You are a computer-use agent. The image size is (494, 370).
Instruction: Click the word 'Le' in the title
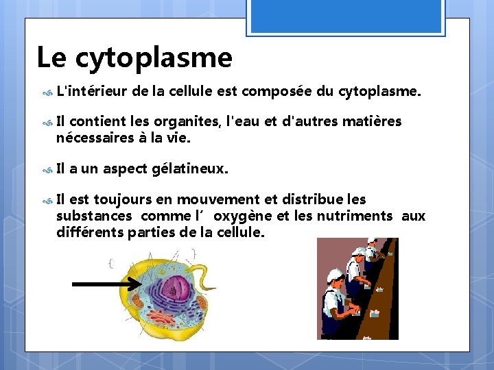(51, 58)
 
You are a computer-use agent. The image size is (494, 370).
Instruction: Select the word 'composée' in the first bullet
(276, 90)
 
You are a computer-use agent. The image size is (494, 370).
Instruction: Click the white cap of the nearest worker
(336, 275)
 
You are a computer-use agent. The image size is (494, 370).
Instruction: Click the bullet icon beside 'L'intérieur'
(47, 90)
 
